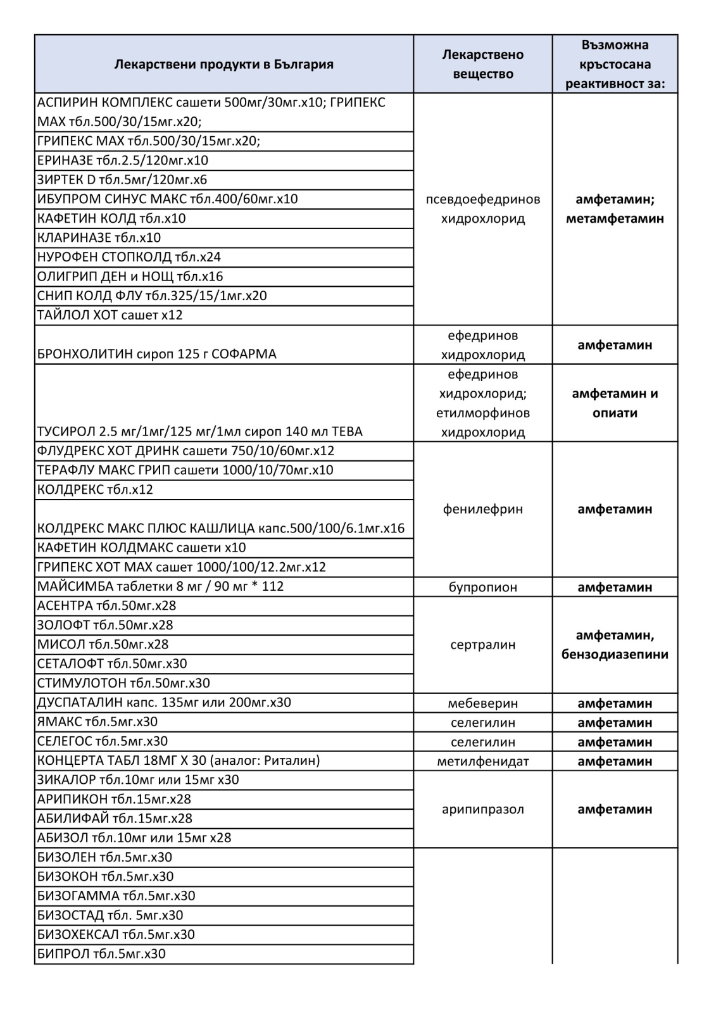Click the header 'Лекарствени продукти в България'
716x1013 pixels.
pyautogui.click(x=223, y=65)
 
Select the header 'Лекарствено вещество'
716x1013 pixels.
pyautogui.click(x=482, y=64)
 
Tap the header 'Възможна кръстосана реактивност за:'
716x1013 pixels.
pyautogui.click(x=615, y=64)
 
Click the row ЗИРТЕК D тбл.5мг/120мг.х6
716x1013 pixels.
pyautogui.click(x=122, y=180)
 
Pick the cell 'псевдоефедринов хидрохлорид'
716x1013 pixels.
pyautogui.click(x=482, y=209)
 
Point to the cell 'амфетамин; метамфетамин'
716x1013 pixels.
pyautogui.click(x=615, y=209)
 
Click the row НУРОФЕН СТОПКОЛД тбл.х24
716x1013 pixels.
pyautogui.click(x=129, y=257)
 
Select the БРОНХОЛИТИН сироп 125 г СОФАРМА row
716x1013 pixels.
pyautogui.click(x=157, y=354)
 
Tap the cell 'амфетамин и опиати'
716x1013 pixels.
pyautogui.click(x=615, y=403)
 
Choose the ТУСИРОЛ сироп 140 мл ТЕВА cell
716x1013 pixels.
pyautogui.click(x=200, y=432)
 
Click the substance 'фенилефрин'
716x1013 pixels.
pyautogui.click(x=482, y=509)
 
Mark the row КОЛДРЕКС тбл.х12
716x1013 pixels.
pyautogui.click(x=95, y=489)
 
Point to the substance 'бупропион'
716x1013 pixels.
pyautogui.click(x=482, y=587)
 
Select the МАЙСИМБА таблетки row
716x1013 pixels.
pyautogui.click(x=161, y=586)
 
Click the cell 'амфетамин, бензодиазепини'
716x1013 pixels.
pyautogui.click(x=615, y=645)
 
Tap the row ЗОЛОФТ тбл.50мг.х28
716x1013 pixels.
pyautogui.click(x=105, y=625)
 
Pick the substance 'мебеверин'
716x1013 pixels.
pyautogui.click(x=482, y=703)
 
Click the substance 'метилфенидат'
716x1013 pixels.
pyautogui.click(x=482, y=761)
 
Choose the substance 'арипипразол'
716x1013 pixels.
pyautogui.click(x=482, y=809)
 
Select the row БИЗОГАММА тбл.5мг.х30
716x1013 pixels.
pyautogui.click(x=116, y=896)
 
